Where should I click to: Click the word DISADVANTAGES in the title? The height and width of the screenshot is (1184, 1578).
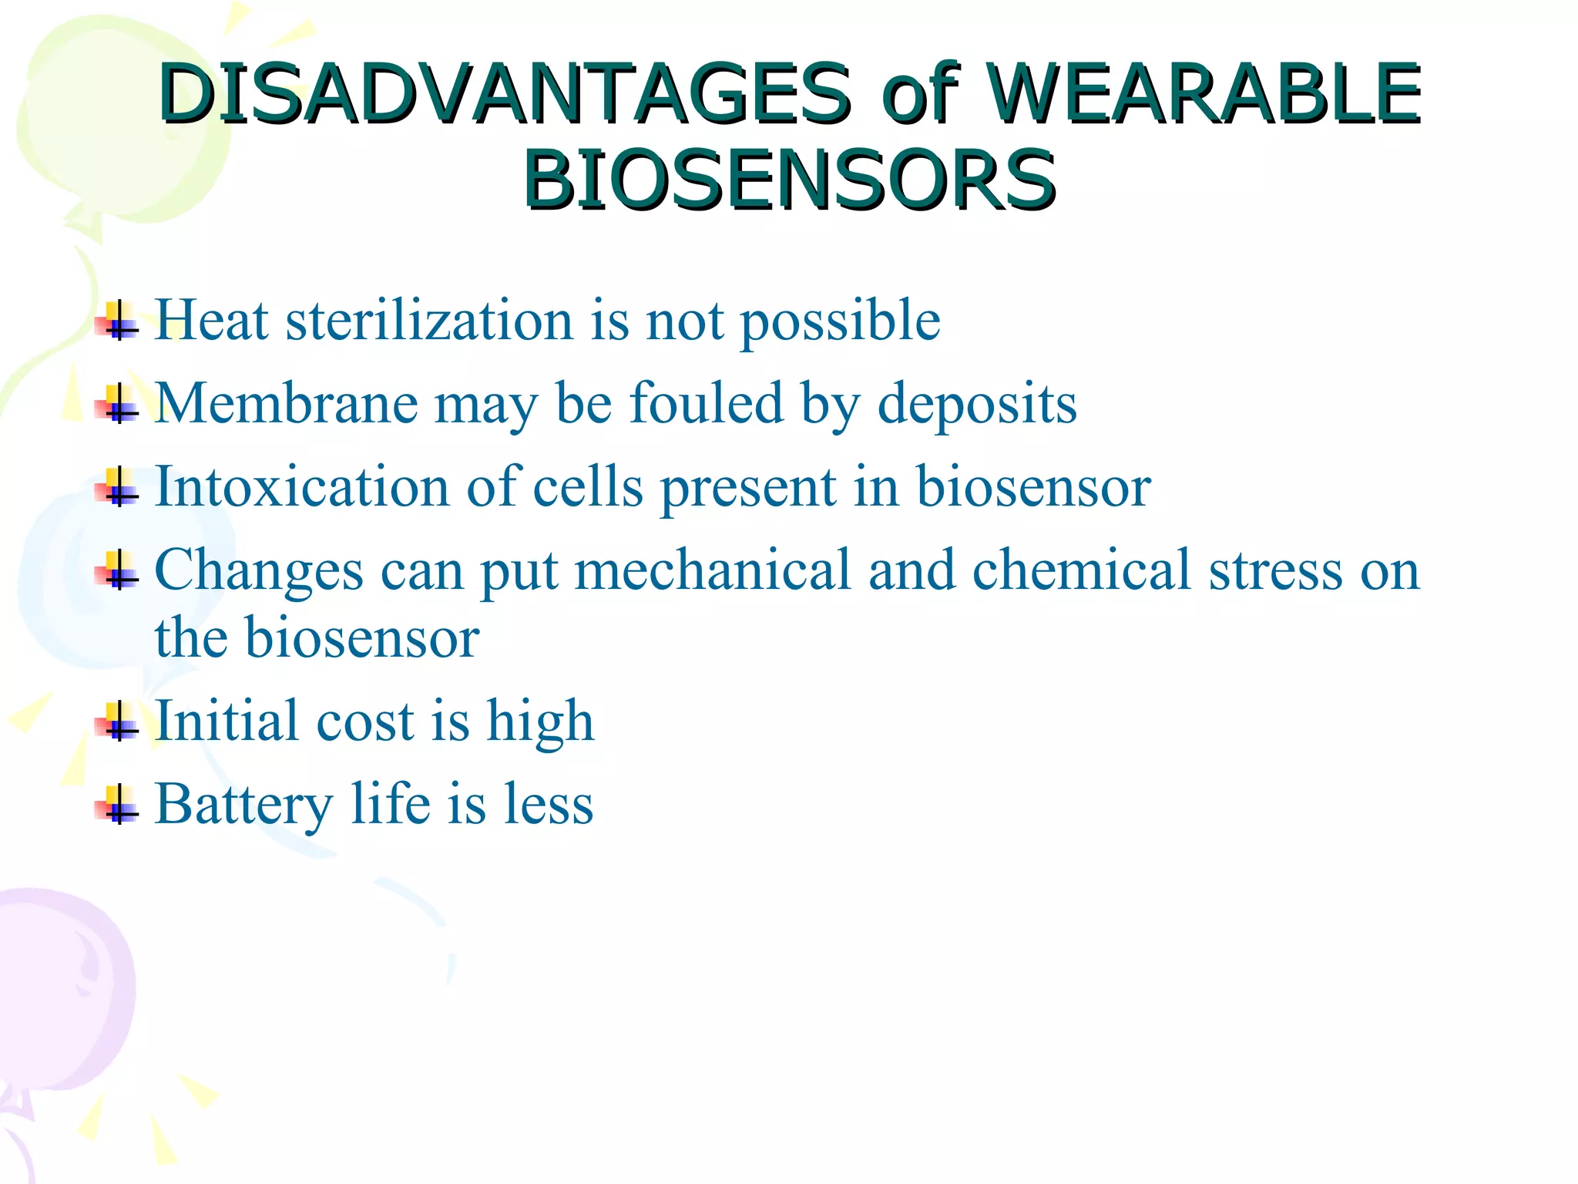pos(505,94)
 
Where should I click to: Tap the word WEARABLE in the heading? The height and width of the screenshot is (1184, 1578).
pos(1204,94)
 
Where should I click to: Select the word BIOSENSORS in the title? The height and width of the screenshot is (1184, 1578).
pos(789,180)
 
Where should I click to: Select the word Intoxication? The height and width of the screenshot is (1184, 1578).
pos(302,486)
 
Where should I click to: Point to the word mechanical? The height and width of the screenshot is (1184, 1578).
pos(713,570)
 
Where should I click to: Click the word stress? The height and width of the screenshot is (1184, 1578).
pos(1275,571)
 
